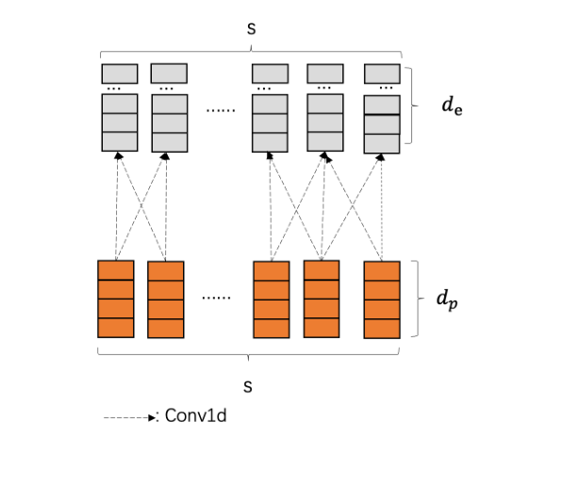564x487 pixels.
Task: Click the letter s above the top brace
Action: pos(251,29)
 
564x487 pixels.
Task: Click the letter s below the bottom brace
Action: pos(248,386)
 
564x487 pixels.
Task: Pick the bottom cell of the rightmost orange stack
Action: pos(382,328)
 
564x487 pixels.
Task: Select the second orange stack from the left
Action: pos(165,299)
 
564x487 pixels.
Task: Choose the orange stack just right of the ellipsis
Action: pos(272,299)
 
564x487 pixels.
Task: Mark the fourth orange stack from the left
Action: pos(321,299)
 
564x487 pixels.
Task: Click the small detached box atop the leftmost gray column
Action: pos(120,73)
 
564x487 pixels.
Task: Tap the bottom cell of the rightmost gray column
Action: pos(382,142)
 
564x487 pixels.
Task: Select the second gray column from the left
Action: pos(169,122)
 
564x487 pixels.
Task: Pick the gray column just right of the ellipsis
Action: pos(270,122)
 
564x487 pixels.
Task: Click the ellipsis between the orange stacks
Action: pos(216,298)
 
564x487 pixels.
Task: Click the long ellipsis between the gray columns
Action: pos(220,109)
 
